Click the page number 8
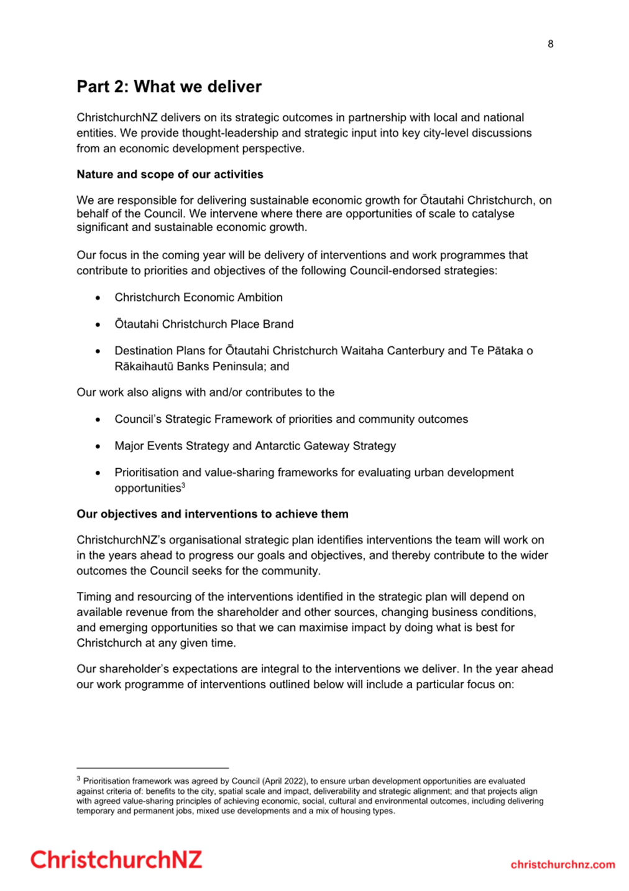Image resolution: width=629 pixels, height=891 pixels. point(550,44)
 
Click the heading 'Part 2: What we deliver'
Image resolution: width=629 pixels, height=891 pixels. point(169,86)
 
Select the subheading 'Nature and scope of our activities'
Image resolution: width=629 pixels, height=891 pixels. point(170,174)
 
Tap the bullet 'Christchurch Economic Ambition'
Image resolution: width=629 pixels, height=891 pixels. point(198,297)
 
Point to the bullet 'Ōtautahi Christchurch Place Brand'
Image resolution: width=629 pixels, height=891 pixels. point(204,324)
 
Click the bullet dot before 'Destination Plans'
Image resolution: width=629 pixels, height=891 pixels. point(98,351)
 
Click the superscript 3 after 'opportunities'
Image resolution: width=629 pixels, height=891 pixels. point(183,485)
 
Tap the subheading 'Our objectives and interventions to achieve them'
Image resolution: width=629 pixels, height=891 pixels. point(212,514)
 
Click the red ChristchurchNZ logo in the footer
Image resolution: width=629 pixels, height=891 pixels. point(116,860)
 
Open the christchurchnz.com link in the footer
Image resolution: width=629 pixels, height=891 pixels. point(562,864)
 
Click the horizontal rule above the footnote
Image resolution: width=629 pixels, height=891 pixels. point(152,768)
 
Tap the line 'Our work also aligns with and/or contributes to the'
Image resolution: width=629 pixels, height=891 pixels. point(205,392)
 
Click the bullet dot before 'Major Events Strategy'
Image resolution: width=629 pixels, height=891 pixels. point(98,446)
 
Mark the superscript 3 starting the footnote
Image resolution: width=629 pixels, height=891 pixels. point(78,778)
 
